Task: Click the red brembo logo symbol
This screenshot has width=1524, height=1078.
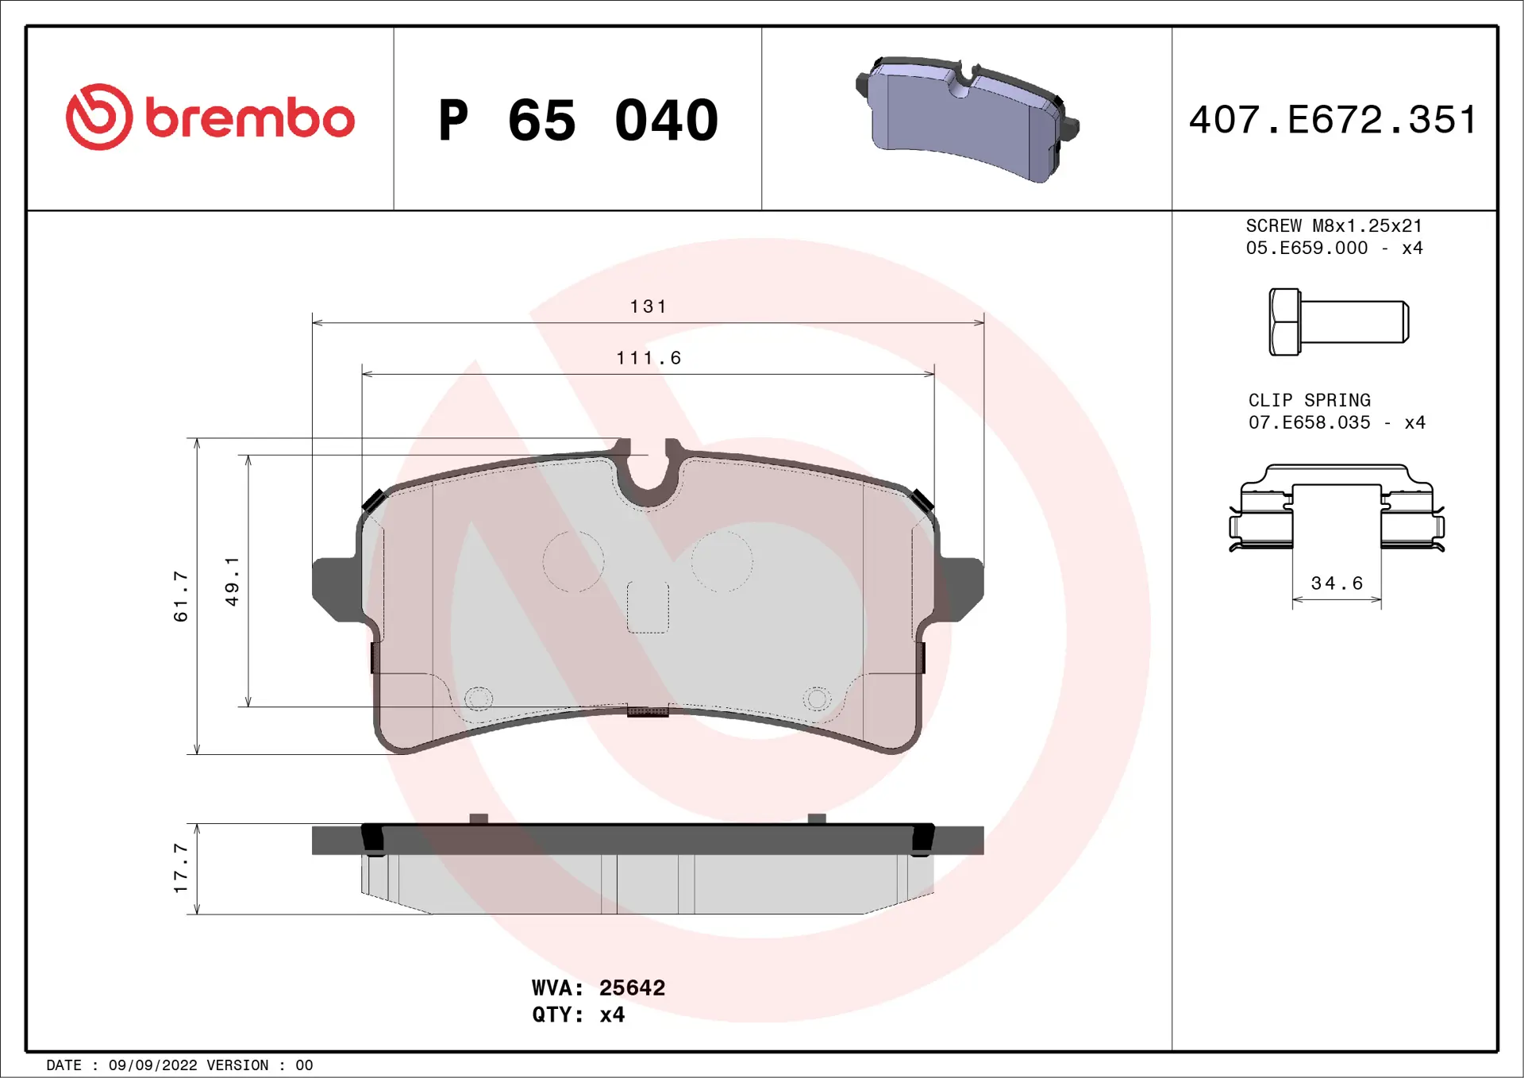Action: [x=98, y=117]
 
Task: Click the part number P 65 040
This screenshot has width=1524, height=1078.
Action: [x=578, y=121]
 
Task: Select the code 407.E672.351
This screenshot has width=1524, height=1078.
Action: [x=1333, y=120]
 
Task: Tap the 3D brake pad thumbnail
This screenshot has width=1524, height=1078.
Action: [x=967, y=119]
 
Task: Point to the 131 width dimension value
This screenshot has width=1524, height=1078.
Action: [x=648, y=306]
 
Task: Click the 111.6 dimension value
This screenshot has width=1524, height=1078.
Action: [x=648, y=358]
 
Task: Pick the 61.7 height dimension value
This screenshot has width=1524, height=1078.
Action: [x=181, y=595]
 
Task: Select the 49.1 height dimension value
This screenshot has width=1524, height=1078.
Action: [x=232, y=581]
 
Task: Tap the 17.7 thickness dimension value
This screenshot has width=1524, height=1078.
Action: [x=181, y=868]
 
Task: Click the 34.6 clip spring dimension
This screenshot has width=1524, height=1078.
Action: [x=1337, y=583]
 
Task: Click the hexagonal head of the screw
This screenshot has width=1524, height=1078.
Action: [x=1284, y=321]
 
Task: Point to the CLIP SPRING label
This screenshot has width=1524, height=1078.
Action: [x=1309, y=400]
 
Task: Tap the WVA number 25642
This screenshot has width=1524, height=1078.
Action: [x=632, y=988]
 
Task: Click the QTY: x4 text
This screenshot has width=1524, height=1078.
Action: [x=578, y=1014]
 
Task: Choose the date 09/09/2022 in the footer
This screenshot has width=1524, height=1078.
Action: [x=152, y=1065]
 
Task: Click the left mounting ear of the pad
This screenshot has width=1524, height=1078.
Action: [x=335, y=587]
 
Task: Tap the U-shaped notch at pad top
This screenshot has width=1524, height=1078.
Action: [x=648, y=476]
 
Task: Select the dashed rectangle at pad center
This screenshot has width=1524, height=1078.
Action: [x=648, y=607]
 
